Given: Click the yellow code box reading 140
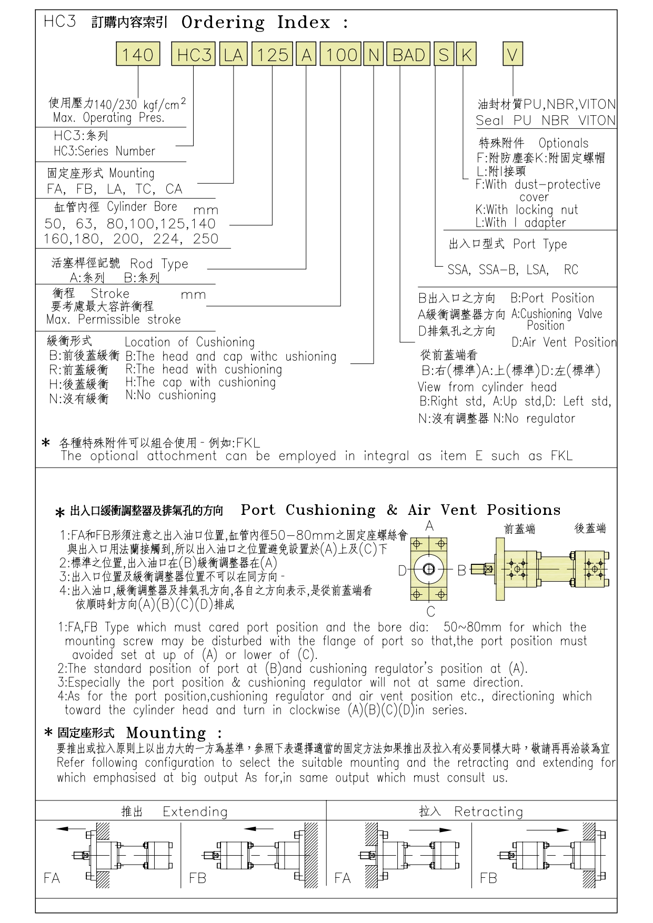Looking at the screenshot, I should [x=138, y=55].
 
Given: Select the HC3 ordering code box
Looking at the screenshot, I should [x=194, y=55].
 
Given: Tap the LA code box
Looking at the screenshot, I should [x=233, y=55].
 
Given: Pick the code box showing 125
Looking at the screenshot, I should [x=272, y=55].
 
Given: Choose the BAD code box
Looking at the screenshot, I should [x=409, y=55].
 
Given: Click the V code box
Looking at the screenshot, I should [x=513, y=55].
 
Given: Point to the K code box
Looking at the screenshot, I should [x=466, y=55].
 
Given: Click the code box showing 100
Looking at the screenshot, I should [x=340, y=55].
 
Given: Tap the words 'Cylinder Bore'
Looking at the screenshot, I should [x=142, y=206].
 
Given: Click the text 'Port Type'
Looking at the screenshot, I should [x=540, y=244].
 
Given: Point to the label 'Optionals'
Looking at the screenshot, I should [x=563, y=143].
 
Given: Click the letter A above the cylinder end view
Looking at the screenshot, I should [x=429, y=526].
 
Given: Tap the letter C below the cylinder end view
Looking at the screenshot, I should [x=430, y=612].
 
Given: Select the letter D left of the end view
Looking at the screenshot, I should [x=402, y=571].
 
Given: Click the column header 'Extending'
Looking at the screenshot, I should [x=195, y=812].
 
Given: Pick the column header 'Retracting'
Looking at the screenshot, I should [x=488, y=812].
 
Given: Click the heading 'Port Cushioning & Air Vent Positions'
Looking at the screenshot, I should [x=400, y=510].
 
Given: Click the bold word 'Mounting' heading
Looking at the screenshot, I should [x=166, y=733].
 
